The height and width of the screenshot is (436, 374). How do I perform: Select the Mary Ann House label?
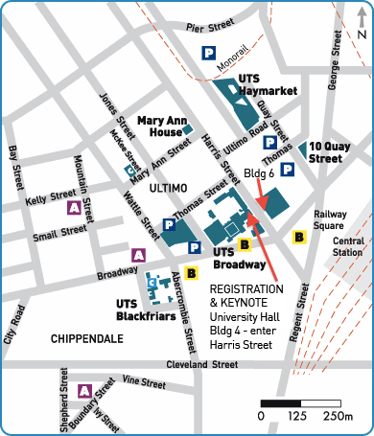pos(162,127)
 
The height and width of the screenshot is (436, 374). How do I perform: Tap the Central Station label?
pos(348,246)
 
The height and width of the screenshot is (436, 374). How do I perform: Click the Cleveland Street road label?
pos(200,365)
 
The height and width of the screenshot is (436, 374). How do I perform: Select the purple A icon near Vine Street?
pos(84,390)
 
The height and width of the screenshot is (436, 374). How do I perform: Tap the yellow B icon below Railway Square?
pos(299,235)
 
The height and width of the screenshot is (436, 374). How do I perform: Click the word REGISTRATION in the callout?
pos(246,288)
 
